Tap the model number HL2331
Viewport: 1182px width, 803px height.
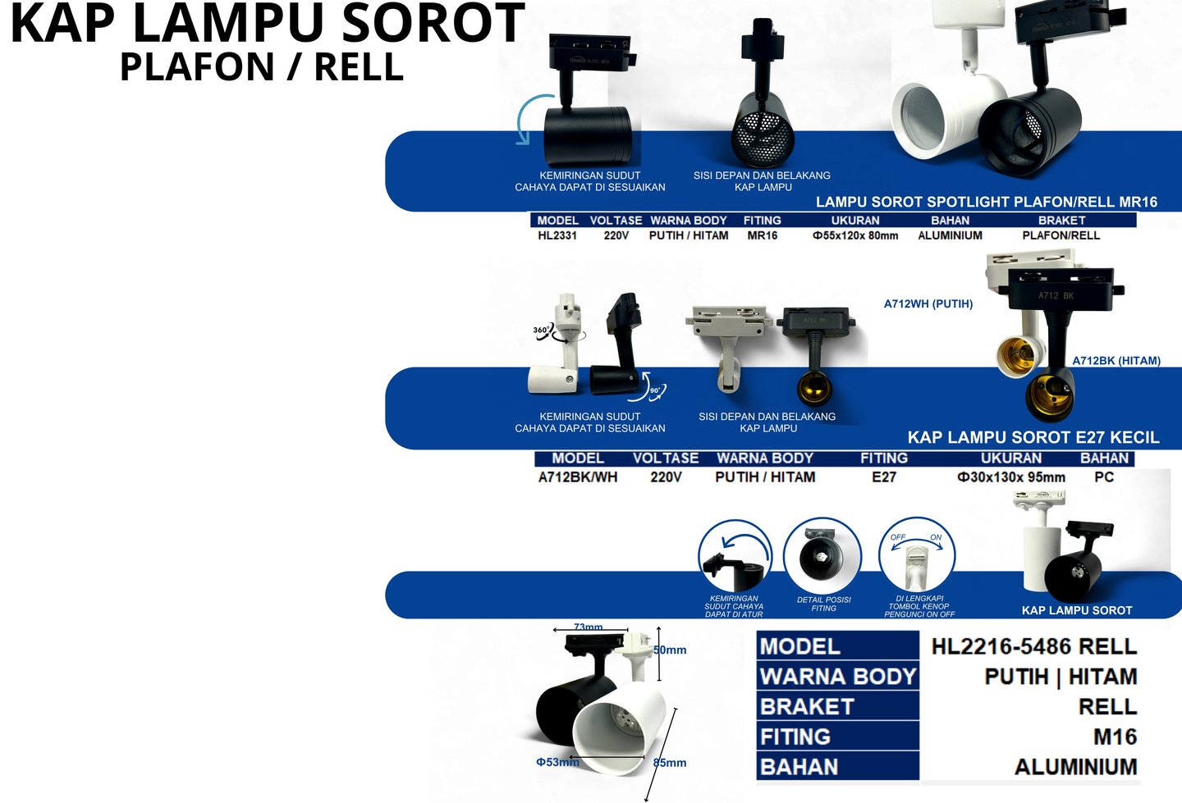point(557,235)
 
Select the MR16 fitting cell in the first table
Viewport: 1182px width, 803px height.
point(762,235)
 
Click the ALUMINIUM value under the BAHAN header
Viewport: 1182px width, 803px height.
point(950,235)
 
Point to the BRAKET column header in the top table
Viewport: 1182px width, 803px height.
point(1061,220)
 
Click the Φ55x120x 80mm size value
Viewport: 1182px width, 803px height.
point(855,235)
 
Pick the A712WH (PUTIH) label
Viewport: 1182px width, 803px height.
point(928,303)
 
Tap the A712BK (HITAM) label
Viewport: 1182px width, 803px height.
point(1116,360)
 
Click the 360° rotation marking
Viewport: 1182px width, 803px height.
point(542,331)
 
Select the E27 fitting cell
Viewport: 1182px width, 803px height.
point(884,477)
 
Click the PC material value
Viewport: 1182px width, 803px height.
point(1104,477)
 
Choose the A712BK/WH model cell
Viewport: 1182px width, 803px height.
point(578,477)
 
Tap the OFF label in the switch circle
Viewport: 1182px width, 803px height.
point(898,537)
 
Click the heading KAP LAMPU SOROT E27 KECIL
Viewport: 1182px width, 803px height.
point(1033,437)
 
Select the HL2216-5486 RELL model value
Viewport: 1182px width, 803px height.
point(1033,646)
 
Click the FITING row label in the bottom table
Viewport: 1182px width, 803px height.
point(795,737)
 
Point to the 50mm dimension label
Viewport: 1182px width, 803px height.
point(670,650)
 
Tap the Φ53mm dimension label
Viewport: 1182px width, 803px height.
point(557,762)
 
